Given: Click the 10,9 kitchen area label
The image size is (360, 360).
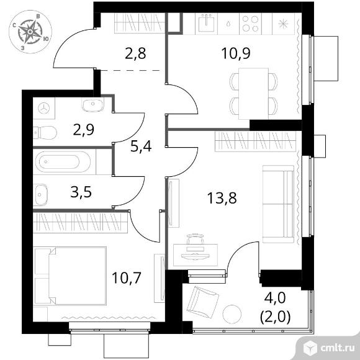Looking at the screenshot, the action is [236, 54].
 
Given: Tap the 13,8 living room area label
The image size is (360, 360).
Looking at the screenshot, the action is [222, 198].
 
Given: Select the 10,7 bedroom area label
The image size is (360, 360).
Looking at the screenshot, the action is [126, 277].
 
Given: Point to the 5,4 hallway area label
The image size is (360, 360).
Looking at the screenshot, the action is [141, 146].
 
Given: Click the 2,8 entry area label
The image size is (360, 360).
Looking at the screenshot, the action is [136, 54].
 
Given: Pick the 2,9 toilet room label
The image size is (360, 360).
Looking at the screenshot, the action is [84, 130].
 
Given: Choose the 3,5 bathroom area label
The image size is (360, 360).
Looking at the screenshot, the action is [81, 192].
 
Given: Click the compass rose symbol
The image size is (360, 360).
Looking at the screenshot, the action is [30, 32].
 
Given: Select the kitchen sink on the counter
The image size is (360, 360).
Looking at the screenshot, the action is [208, 23].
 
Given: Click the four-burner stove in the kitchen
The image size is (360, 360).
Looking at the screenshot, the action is [250, 24].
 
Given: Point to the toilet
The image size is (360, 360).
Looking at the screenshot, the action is [45, 132].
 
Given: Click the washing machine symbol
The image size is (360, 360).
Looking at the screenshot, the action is [43, 108].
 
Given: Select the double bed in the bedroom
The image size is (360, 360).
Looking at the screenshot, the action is [71, 276].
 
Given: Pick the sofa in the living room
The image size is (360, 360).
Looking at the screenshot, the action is [278, 204].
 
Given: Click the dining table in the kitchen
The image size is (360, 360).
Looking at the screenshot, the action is [253, 94].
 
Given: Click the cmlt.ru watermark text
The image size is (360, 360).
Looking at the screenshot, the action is [337, 348].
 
